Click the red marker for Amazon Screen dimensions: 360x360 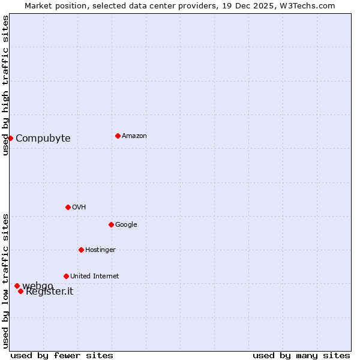point(118,136)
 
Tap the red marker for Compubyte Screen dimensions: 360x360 point(10,138)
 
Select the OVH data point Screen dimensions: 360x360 point(68,207)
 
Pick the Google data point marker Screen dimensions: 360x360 point(111,224)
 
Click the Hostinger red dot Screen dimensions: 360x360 point(81,250)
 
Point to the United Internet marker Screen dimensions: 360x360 point(66,276)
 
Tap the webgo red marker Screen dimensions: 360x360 point(17,286)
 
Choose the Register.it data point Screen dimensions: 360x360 point(20,291)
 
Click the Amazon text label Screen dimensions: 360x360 point(134,136)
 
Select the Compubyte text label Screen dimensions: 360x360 point(43,138)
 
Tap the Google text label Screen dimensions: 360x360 point(126,224)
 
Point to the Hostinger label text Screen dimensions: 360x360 point(100,250)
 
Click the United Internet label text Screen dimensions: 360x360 point(94,276)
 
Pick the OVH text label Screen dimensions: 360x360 point(79,207)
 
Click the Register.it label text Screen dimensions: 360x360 point(49,292)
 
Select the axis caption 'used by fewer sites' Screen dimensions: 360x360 point(62,355)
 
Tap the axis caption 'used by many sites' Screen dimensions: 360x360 point(301,355)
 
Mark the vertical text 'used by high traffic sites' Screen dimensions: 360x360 point(5,85)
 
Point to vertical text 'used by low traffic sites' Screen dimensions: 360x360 point(5,281)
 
